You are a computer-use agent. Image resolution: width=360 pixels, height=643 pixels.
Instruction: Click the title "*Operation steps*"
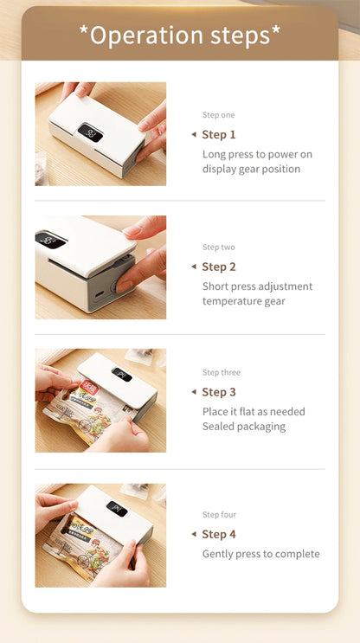pyautogui.click(x=180, y=35)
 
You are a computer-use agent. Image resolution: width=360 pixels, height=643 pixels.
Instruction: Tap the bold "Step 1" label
pyautogui.click(x=219, y=134)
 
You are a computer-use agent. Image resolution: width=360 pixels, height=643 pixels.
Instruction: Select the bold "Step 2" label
pyautogui.click(x=219, y=267)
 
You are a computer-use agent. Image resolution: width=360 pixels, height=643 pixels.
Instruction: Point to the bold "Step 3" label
pyautogui.click(x=219, y=392)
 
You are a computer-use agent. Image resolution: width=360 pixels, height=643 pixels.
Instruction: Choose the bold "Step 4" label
pyautogui.click(x=219, y=534)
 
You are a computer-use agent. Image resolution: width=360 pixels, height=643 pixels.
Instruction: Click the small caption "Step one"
pyautogui.click(x=218, y=115)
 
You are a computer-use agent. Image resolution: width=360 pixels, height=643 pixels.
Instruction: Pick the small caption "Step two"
pyautogui.click(x=218, y=248)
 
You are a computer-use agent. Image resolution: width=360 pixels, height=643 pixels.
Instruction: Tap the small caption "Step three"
pyautogui.click(x=222, y=373)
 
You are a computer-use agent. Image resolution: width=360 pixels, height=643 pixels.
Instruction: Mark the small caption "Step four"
pyautogui.click(x=219, y=515)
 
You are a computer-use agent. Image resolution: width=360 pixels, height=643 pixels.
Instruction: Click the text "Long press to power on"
pyautogui.click(x=257, y=154)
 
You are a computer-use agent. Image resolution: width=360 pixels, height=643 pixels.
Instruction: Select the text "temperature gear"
pyautogui.click(x=243, y=301)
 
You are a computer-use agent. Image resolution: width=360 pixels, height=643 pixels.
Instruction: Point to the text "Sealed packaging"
pyautogui.click(x=243, y=427)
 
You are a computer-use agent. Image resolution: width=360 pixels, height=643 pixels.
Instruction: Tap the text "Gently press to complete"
pyautogui.click(x=260, y=554)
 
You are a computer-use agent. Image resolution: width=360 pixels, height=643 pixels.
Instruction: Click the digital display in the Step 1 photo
pyautogui.click(x=90, y=132)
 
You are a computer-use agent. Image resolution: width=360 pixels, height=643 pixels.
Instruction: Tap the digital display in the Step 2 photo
pyautogui.click(x=50, y=240)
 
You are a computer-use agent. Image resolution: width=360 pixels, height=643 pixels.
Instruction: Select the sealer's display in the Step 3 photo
pyautogui.click(x=121, y=374)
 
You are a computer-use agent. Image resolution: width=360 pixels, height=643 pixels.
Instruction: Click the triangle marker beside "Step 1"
pyautogui.click(x=193, y=134)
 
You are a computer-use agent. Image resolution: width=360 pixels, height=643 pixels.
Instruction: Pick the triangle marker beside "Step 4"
pyautogui.click(x=193, y=534)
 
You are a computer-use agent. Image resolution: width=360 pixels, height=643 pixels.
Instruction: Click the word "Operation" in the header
pyautogui.click(x=134, y=35)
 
